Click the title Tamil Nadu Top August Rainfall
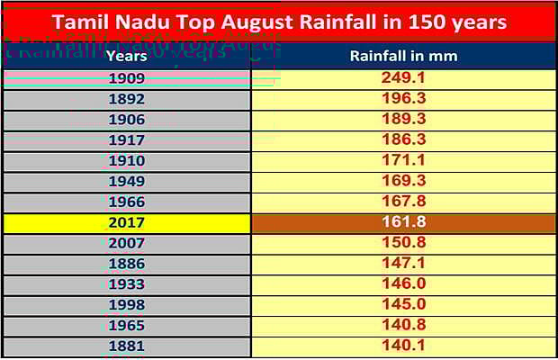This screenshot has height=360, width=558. click(x=278, y=21)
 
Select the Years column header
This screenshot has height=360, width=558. click(x=126, y=56)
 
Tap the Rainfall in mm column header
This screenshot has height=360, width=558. click(x=403, y=56)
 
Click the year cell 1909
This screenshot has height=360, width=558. click(x=126, y=78)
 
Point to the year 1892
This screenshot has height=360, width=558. click(x=126, y=99)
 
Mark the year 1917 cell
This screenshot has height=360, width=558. click(x=126, y=140)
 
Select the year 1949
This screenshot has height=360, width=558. click(x=126, y=182)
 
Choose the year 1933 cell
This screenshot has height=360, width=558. click(x=126, y=284)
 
